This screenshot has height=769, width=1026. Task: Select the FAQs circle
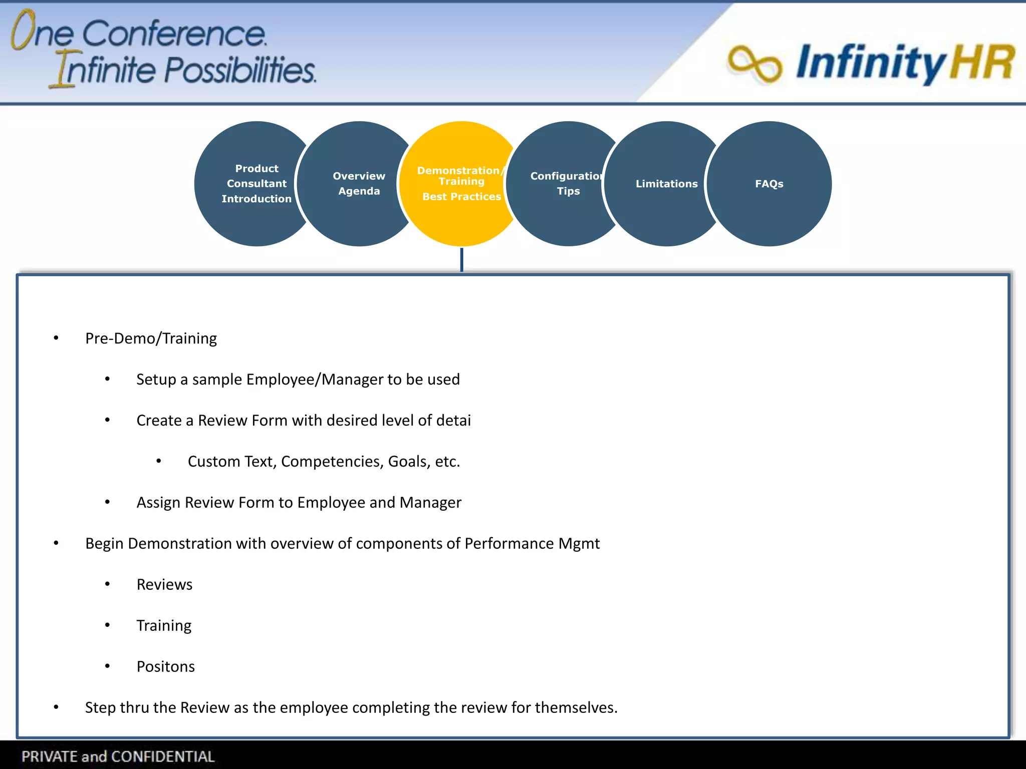[769, 184]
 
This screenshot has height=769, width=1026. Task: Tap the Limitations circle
[666, 184]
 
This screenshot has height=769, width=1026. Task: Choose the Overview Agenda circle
[359, 184]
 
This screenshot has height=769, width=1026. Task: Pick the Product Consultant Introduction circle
[256, 184]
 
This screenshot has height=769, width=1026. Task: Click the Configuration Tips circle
[568, 184]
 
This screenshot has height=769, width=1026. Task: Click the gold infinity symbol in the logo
[754, 64]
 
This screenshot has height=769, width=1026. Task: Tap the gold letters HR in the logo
[982, 63]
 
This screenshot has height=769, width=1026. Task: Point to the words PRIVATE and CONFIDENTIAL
[118, 756]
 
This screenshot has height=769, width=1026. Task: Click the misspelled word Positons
[165, 666]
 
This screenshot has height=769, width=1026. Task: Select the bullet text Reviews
[164, 584]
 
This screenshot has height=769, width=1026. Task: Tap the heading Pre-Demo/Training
[151, 338]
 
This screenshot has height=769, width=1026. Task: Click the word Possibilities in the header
[240, 70]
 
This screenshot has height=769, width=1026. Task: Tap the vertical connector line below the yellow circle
[461, 260]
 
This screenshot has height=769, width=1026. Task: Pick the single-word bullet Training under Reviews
[164, 625]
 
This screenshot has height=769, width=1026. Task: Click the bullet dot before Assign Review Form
[107, 502]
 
